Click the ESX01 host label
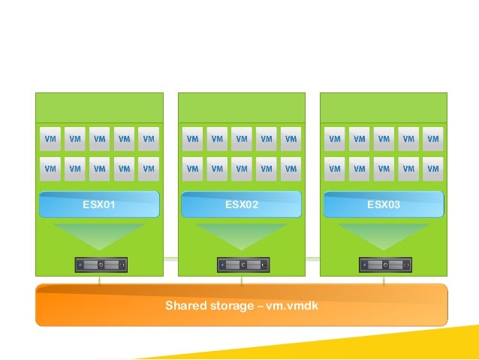[99, 204]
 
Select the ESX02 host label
[241, 204]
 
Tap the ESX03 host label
[383, 204]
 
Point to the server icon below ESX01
[101, 265]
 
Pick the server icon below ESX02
[243, 265]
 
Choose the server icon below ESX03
[384, 265]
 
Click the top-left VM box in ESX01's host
[50, 139]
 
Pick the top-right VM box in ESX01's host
[149, 139]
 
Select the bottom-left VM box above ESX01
[50, 169]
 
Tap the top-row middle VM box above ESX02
[242, 139]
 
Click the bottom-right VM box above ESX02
[291, 169]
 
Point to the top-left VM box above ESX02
[193, 139]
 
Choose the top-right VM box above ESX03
[432, 139]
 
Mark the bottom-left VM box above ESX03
[335, 169]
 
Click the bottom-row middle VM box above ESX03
[384, 169]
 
